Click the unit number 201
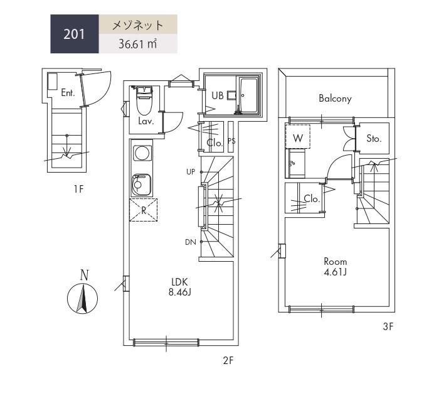74,35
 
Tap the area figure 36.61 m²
137,44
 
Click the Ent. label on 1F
68,93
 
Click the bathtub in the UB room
249,95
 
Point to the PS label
231,141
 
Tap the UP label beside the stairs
191,171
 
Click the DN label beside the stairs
191,242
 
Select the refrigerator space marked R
143,210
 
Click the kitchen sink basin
141,185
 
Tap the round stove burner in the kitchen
142,153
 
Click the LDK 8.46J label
180,287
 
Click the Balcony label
335,99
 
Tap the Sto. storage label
374,139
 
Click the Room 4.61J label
336,267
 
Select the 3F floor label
388,326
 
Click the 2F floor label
228,361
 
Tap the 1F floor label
78,189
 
